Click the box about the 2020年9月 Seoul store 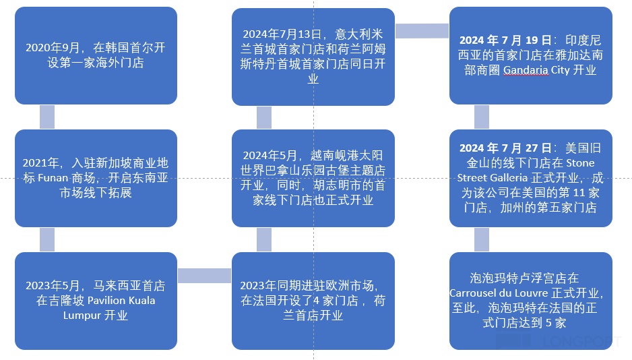tap(96, 55)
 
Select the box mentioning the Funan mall tap(96, 178)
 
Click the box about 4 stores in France tap(313, 300)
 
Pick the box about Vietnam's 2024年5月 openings tap(313, 178)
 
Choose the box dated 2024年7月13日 tap(313, 55)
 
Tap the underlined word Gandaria tap(526, 70)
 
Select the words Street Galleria tap(493, 178)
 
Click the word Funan tap(82, 178)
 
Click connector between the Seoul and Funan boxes tap(47, 117)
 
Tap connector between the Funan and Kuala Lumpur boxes tap(47, 239)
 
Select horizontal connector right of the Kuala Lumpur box tap(204, 276)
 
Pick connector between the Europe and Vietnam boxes tap(264, 239)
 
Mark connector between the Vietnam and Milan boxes tap(264, 117)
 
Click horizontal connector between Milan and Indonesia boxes tap(422, 31)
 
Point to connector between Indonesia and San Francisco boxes tap(482, 117)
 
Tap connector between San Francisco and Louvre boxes tap(482, 239)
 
